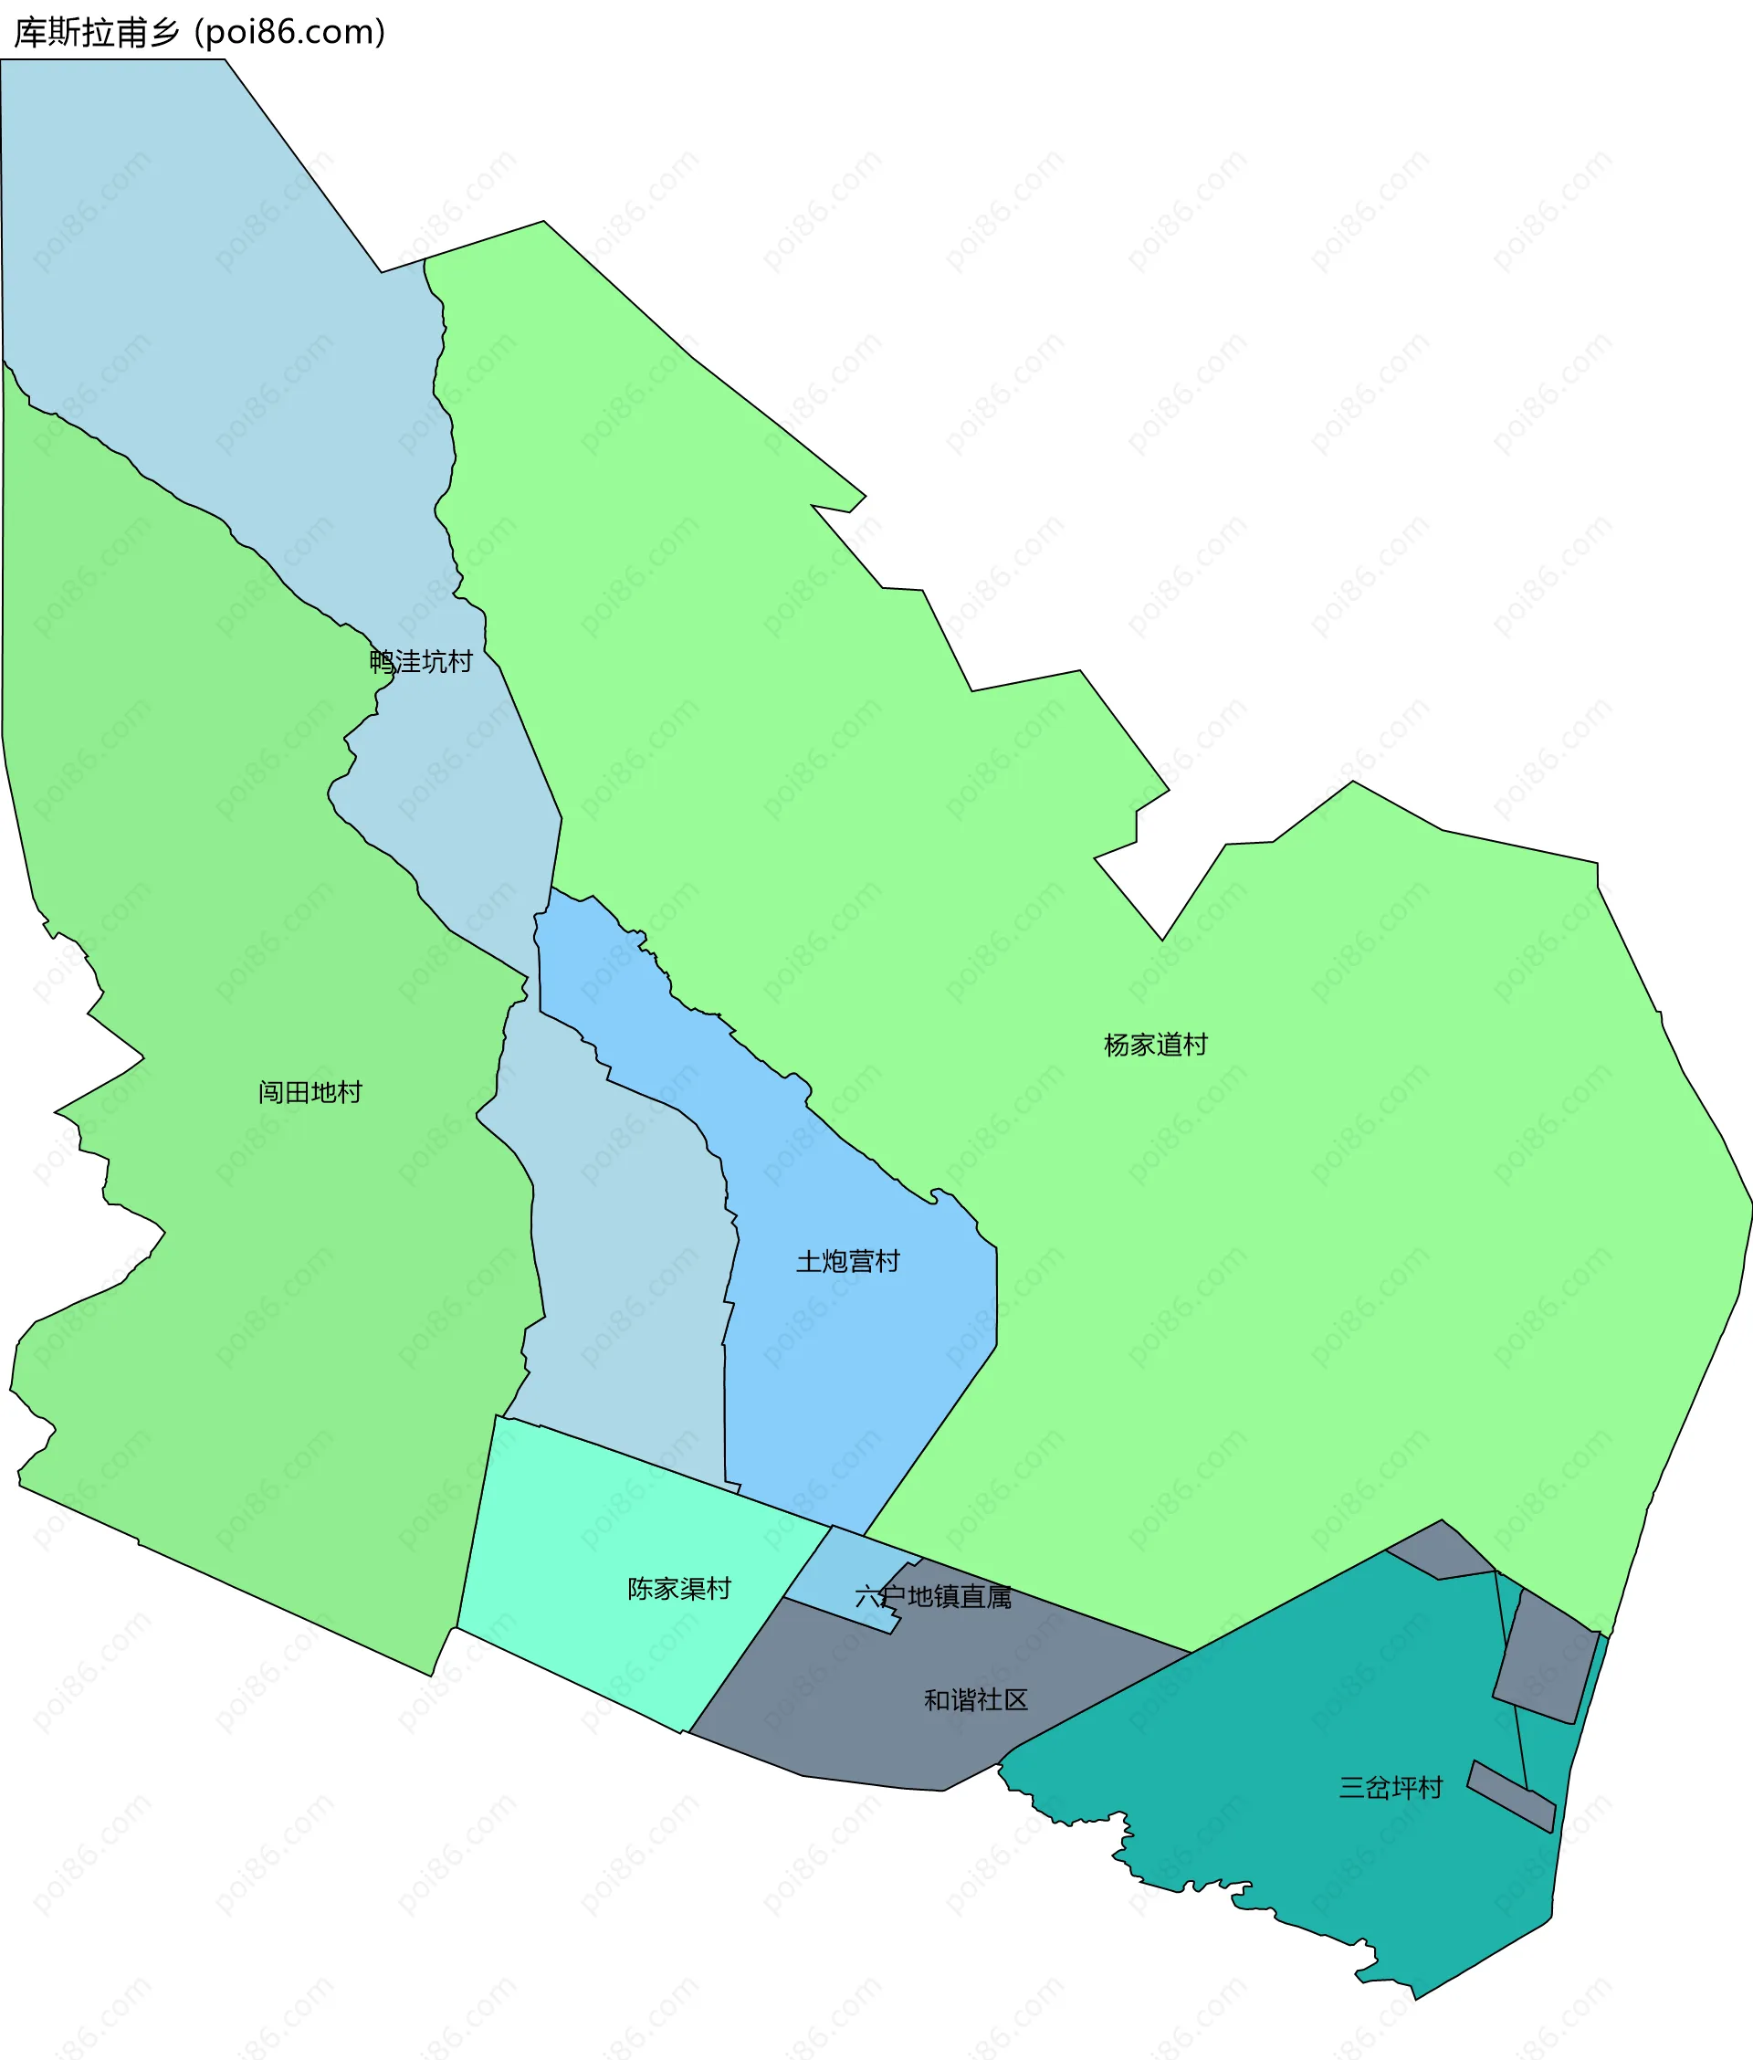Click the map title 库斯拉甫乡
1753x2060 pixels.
tap(97, 33)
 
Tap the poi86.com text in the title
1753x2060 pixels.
tap(290, 33)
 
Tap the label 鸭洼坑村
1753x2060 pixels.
tap(420, 662)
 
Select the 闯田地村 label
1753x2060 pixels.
tap(310, 1093)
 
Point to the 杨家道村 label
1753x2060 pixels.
tap(1155, 1046)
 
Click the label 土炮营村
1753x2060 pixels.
tap(847, 1262)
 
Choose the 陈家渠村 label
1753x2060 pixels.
tap(678, 1589)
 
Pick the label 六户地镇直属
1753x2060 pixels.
tap(933, 1597)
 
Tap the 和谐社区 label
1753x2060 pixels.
tap(975, 1700)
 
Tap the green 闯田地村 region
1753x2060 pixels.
tap(248, 1292)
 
